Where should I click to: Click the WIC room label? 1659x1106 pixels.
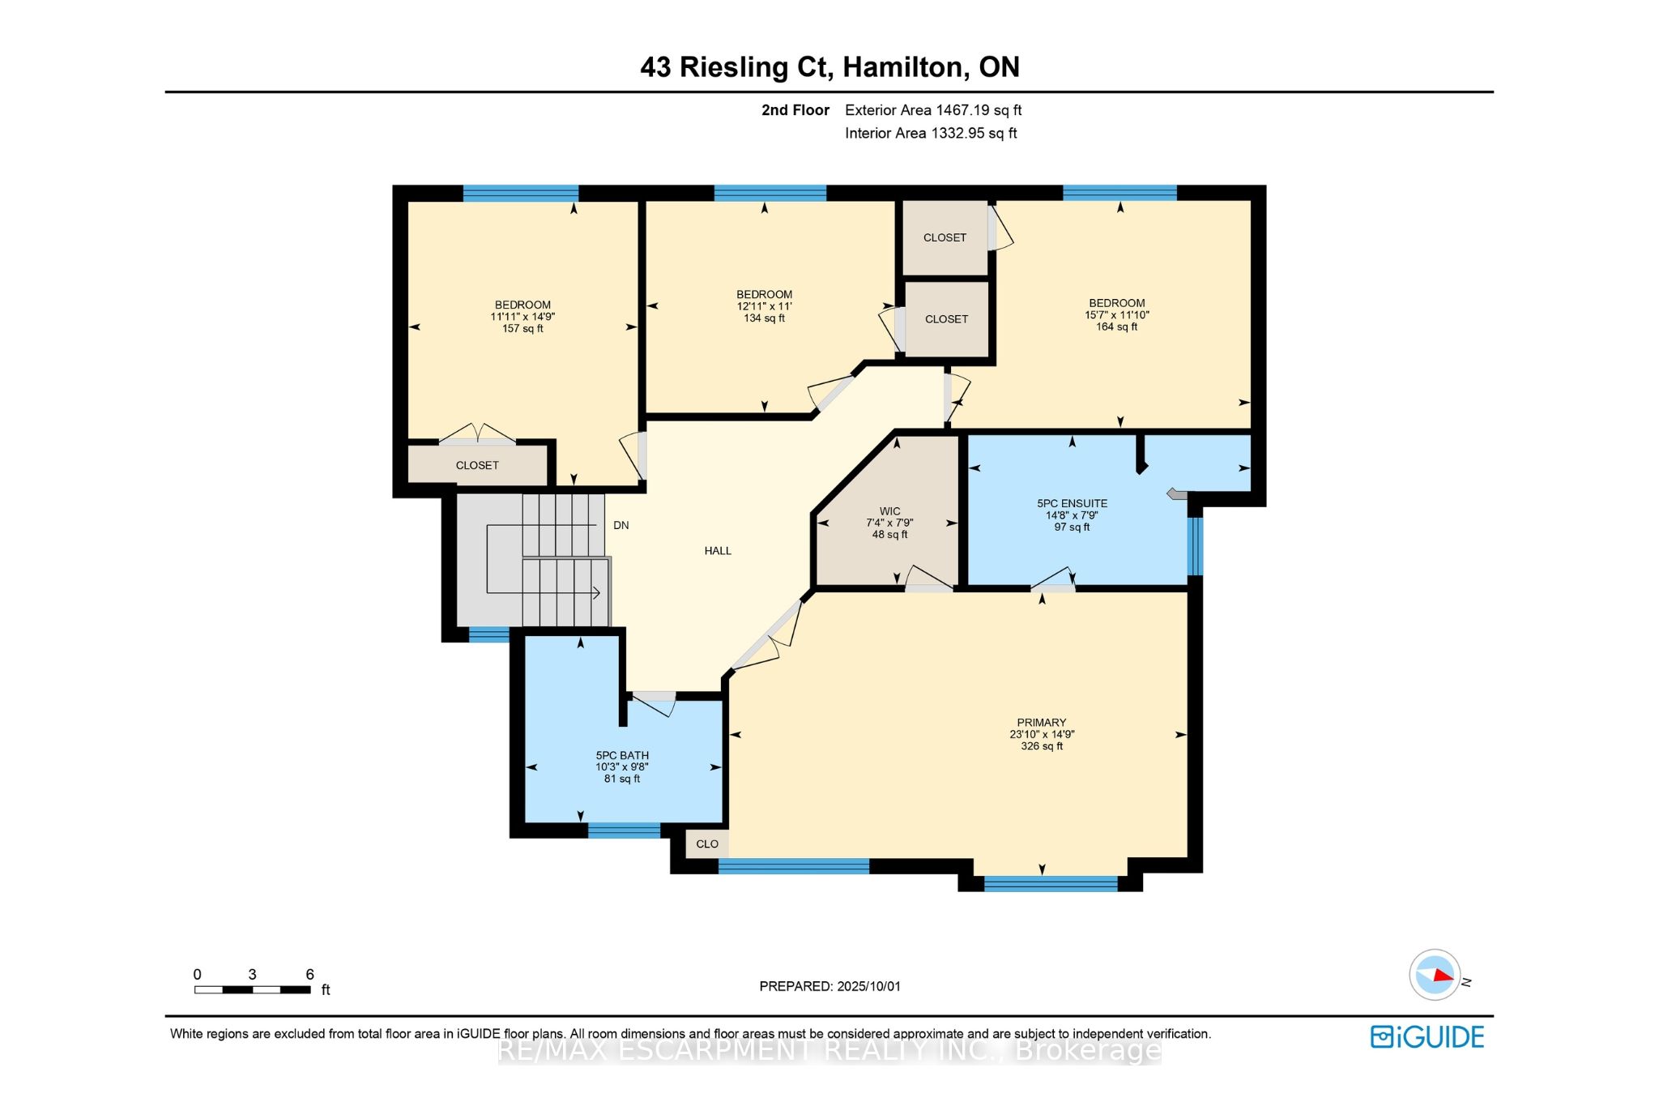[x=889, y=511]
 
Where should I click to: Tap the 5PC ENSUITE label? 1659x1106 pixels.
[x=1072, y=503]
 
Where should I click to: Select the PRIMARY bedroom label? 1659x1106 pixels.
[x=1042, y=723]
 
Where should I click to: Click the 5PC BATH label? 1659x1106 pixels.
[x=622, y=755]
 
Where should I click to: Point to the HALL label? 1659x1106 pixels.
[x=718, y=551]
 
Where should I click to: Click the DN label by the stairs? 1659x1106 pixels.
[x=621, y=525]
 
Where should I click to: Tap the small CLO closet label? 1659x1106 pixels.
[x=707, y=843]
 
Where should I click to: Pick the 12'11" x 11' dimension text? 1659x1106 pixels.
[x=764, y=306]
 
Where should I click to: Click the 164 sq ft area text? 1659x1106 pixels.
[x=1117, y=327]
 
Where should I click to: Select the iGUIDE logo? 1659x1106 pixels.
[x=1427, y=1037]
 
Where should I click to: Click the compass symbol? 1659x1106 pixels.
[x=1435, y=975]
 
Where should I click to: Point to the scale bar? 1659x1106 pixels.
[x=253, y=989]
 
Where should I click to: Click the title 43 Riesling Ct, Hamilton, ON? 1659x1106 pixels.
[x=829, y=66]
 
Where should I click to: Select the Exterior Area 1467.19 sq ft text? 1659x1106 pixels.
[x=933, y=110]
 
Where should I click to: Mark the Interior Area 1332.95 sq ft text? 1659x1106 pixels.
[x=931, y=133]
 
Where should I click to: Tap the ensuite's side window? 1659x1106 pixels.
[x=1195, y=545]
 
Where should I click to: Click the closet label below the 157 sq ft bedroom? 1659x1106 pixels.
[x=477, y=465]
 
